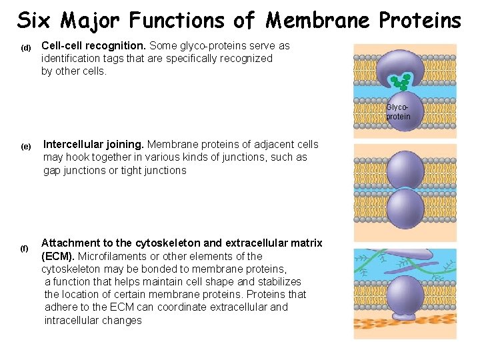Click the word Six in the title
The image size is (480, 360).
point(34,21)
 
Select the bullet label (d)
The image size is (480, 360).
point(26,47)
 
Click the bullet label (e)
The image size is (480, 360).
point(26,146)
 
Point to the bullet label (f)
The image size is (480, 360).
point(25,248)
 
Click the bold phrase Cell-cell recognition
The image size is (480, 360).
point(93,45)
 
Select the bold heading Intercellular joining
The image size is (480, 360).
point(93,144)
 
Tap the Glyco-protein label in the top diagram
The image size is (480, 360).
point(398,112)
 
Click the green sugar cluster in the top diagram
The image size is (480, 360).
point(401,81)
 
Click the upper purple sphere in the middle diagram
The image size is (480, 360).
point(405,171)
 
